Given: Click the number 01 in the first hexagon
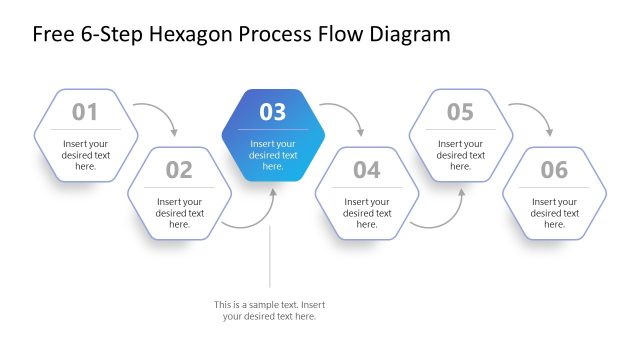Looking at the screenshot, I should click(x=85, y=112).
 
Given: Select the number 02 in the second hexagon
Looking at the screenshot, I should click(x=179, y=170).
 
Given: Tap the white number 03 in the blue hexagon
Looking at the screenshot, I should click(x=273, y=112).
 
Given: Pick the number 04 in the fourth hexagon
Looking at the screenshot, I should click(x=367, y=170).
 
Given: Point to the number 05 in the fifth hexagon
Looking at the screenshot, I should click(x=460, y=112).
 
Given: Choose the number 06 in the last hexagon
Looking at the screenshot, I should click(x=554, y=170).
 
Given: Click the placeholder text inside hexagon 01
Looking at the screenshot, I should click(x=85, y=154).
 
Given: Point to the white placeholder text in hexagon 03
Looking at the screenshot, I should click(x=273, y=154).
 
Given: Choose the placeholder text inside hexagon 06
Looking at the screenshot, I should click(x=554, y=213).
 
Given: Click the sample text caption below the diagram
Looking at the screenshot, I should click(x=269, y=310).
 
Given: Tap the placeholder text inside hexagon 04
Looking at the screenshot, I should click(x=367, y=213).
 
